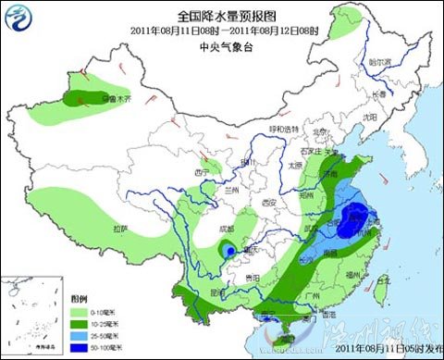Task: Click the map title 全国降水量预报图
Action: (221, 16)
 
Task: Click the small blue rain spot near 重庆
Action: (227, 251)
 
